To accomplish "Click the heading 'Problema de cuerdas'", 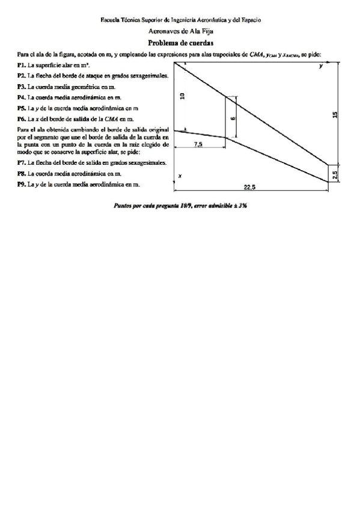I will [x=180, y=43].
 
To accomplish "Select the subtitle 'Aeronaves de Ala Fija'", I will [x=180, y=30].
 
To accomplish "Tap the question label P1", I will [x=22, y=64].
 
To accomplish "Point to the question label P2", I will [x=22, y=76].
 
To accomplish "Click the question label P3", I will [x=22, y=87].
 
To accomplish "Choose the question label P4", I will [x=22, y=97].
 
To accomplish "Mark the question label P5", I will [x=22, y=108].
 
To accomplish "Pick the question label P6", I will [x=22, y=119].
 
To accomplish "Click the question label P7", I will [x=22, y=162].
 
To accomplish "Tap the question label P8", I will [x=22, y=173].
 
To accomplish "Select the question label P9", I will [x=22, y=184].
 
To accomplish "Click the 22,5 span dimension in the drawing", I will [x=250, y=188].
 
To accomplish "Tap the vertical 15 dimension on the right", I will [x=335, y=114].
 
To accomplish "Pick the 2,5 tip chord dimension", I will [x=335, y=173].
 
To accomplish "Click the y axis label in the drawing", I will [x=321, y=67].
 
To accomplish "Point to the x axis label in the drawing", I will [x=180, y=176].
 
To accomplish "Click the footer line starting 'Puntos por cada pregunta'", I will [x=180, y=205].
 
